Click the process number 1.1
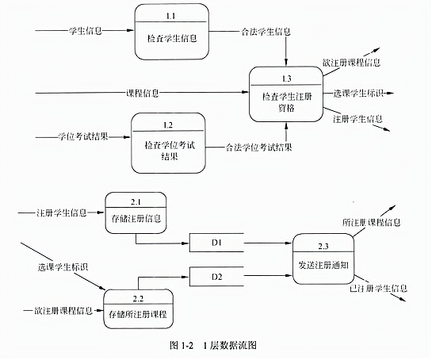pos(170,17)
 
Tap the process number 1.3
pos(286,79)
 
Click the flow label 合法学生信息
pos(266,32)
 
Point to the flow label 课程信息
pos(143,93)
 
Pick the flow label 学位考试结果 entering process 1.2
pos(83,136)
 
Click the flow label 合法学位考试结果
pos(258,147)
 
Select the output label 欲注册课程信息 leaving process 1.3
pos(352,63)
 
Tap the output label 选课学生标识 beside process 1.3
pos(358,93)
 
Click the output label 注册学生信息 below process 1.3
pos(357,119)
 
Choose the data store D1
pos(216,243)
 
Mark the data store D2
pos(216,277)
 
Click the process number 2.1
pos(136,202)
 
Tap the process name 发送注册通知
pos(323,265)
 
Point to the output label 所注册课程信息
pos(372,223)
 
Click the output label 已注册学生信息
pos(378,289)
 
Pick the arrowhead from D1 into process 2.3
pos(289,243)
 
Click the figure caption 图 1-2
pos(182,345)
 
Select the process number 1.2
pos(168,125)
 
